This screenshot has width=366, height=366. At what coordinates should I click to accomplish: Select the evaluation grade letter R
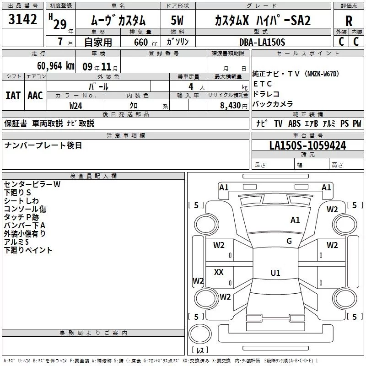(x=349, y=21)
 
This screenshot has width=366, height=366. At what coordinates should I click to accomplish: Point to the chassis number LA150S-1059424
(x=307, y=145)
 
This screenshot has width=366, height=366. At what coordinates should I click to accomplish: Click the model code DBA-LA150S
(x=262, y=42)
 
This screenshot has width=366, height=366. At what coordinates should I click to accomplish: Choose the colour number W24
(x=75, y=105)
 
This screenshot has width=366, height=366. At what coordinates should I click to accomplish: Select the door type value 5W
(x=178, y=21)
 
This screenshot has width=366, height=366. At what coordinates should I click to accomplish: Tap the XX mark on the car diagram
(x=219, y=272)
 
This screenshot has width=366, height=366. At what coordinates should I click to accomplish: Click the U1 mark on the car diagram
(x=275, y=273)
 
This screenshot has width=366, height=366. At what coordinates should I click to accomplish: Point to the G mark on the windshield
(x=289, y=241)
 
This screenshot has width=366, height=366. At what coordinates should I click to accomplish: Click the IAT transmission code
(x=13, y=95)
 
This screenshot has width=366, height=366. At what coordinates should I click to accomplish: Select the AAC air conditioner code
(x=35, y=95)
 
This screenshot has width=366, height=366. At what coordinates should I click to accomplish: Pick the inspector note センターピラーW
(x=32, y=184)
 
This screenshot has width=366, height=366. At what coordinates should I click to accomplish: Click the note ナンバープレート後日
(x=43, y=145)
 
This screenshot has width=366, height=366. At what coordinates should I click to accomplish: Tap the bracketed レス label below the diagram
(x=199, y=350)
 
